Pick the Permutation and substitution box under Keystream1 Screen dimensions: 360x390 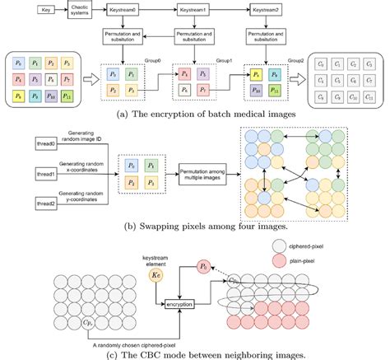201,38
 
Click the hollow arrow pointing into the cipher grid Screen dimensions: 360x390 295,80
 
